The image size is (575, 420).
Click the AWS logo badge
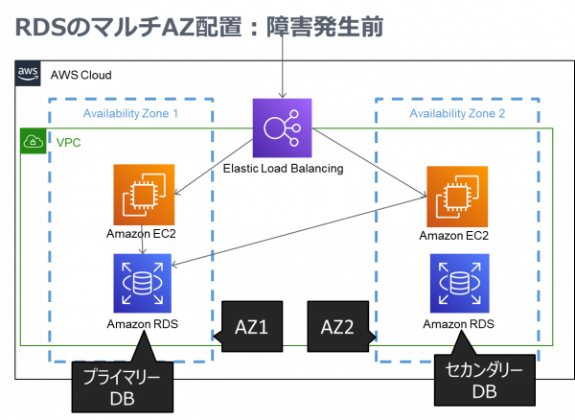tap(28, 73)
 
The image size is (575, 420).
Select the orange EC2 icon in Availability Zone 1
tap(144, 195)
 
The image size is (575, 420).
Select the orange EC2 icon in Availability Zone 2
tap(457, 197)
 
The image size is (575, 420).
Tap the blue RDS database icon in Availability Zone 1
tap(142, 283)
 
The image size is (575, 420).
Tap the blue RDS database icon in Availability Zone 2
tap(459, 283)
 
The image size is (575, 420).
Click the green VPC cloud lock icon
tap(34, 142)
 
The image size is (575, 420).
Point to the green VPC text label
tap(68, 143)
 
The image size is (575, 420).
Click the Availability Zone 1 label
tap(130, 114)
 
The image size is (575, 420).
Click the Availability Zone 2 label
tap(457, 114)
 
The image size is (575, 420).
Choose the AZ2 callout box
tap(337, 327)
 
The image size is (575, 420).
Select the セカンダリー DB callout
tap(485, 381)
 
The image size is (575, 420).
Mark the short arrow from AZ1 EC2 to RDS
tap(143, 239)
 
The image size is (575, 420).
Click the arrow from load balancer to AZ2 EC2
tap(369, 164)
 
